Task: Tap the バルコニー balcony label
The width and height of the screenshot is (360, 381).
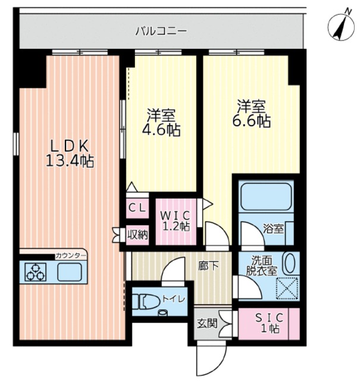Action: [x=161, y=32]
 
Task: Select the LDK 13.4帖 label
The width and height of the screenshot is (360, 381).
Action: [x=70, y=154]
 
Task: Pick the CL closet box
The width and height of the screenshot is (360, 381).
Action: [x=137, y=208]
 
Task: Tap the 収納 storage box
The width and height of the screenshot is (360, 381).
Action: [x=137, y=235]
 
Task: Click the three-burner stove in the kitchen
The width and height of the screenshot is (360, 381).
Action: [x=36, y=272]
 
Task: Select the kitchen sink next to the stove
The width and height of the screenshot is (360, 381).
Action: [x=70, y=272]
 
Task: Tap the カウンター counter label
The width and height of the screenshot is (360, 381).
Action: [x=71, y=255]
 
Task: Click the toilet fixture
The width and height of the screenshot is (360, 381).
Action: [x=146, y=302]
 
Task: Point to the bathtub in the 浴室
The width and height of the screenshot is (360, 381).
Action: [x=267, y=196]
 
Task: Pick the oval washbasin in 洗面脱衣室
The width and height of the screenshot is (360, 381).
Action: [x=290, y=263]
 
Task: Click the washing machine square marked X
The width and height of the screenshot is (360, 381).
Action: [x=287, y=288]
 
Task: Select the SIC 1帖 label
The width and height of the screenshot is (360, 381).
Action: [x=270, y=323]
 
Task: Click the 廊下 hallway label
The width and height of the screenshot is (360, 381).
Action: [x=208, y=266]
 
